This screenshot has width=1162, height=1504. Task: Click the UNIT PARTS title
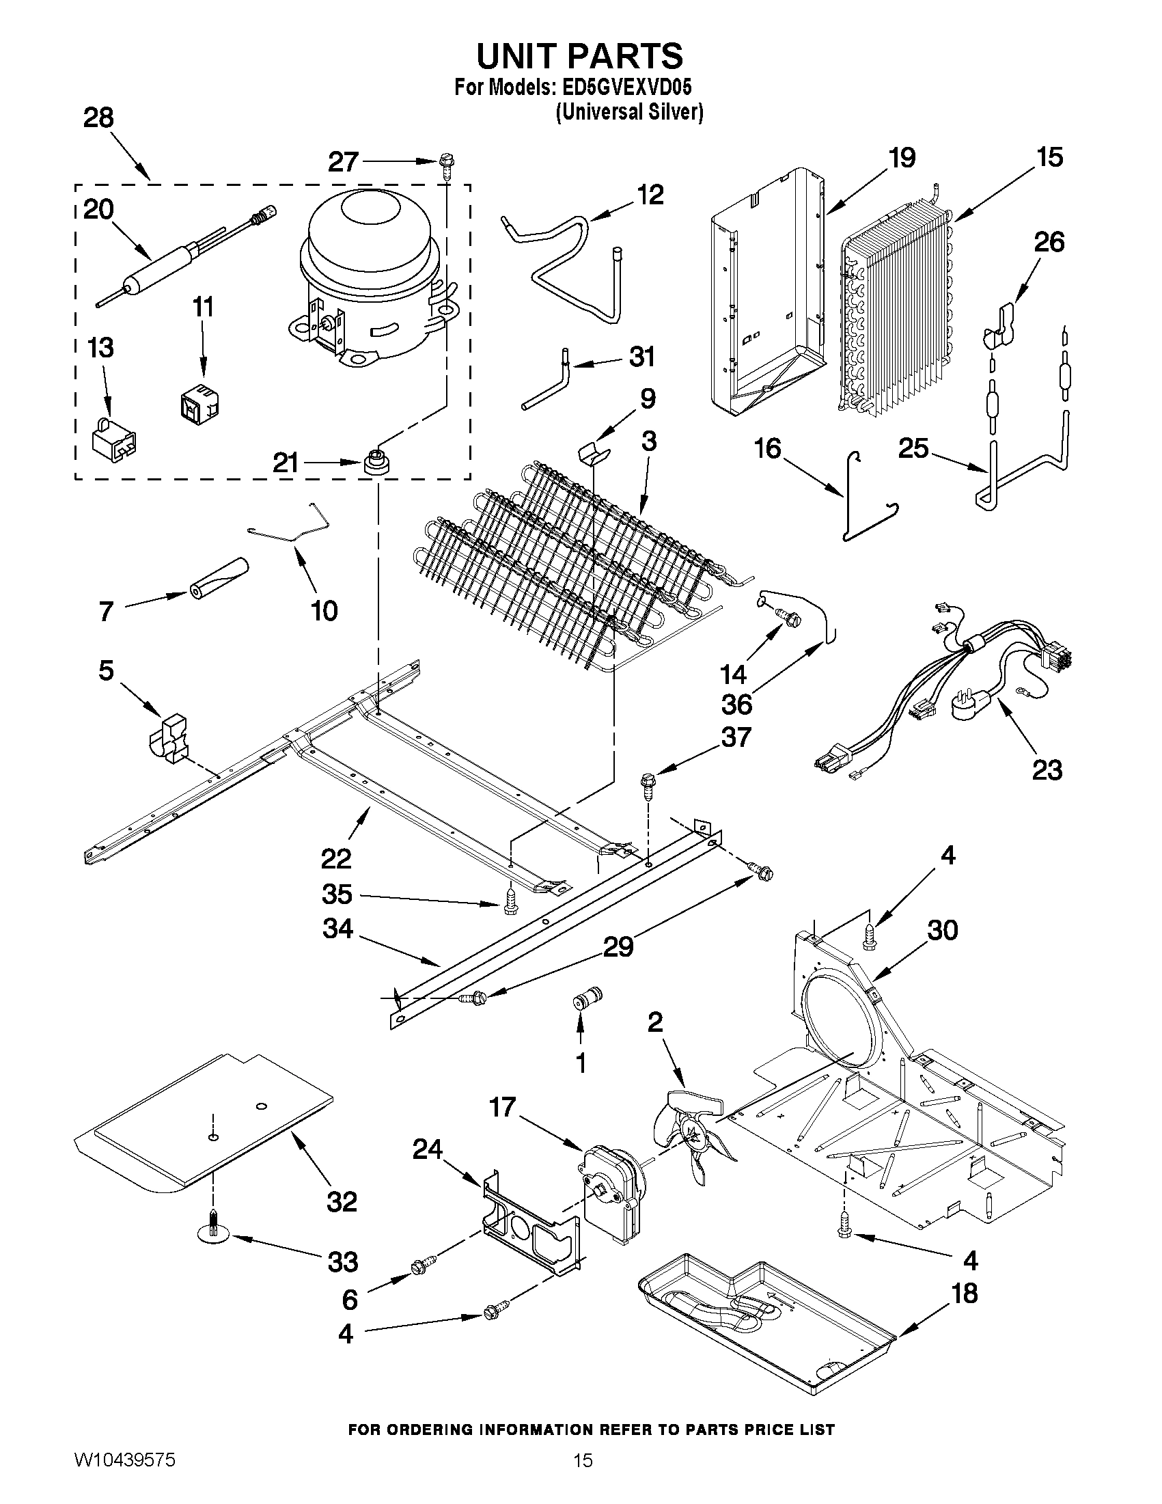(x=579, y=56)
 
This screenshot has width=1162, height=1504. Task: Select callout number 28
(x=98, y=118)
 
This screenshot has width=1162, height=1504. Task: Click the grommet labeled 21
(x=376, y=461)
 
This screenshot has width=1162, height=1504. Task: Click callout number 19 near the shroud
(x=902, y=159)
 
